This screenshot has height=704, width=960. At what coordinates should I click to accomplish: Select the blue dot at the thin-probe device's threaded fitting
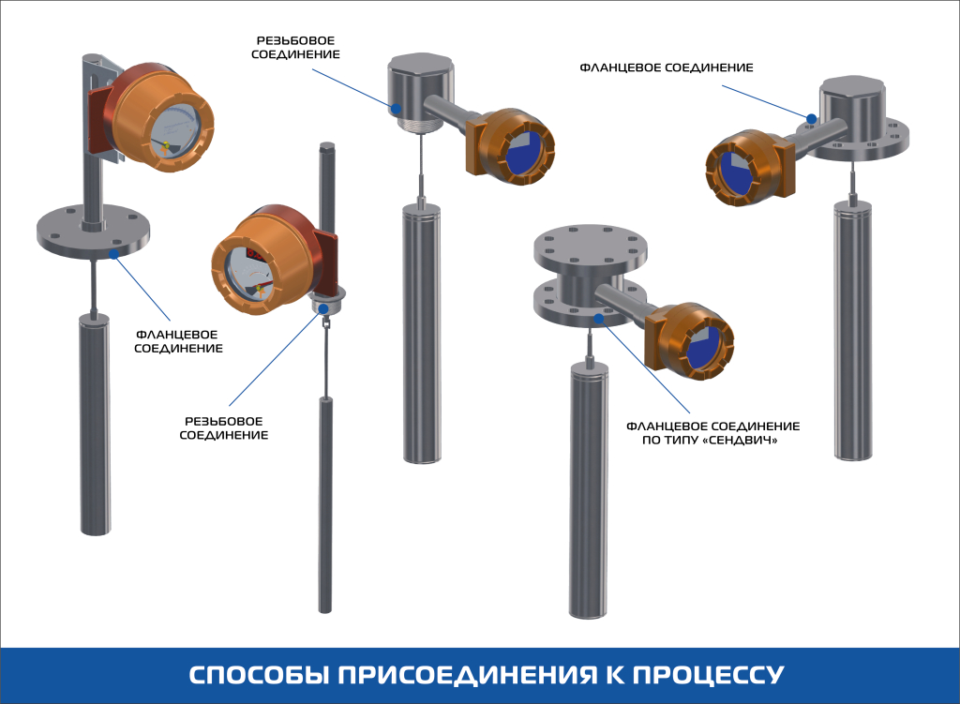(x=322, y=307)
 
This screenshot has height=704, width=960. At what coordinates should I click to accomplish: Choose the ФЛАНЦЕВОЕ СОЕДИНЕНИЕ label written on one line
(x=666, y=67)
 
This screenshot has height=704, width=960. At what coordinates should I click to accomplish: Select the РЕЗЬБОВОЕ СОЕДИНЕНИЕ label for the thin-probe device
(x=224, y=427)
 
